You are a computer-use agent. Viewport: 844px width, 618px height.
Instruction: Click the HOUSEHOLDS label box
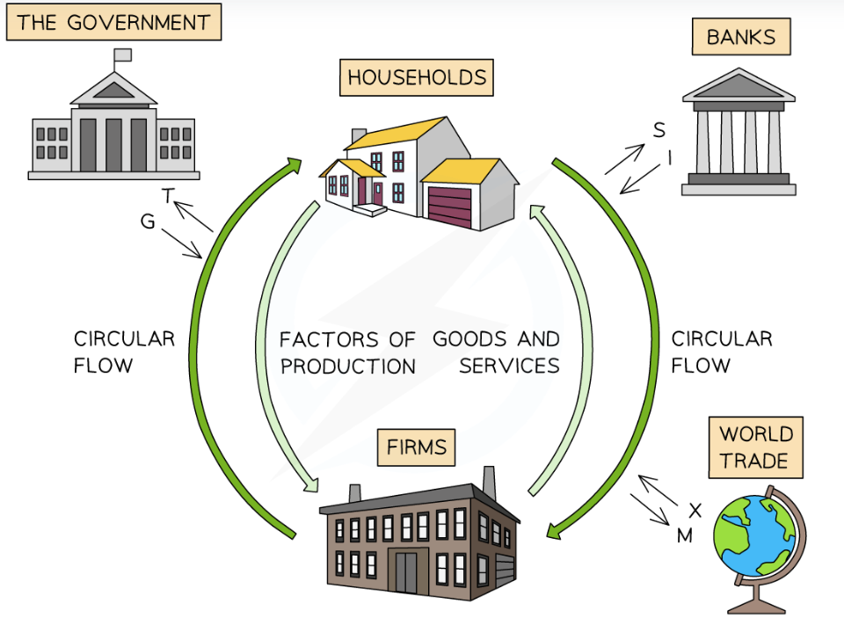[x=416, y=77]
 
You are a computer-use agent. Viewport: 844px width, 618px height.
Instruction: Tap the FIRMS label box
[x=417, y=447]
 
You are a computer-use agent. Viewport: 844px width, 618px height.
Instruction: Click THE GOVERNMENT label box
[x=113, y=22]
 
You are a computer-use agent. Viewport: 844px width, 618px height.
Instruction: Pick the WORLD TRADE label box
[x=755, y=447]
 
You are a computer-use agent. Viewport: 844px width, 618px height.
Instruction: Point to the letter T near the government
[x=167, y=195]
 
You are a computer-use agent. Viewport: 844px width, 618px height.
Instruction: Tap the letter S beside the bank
[x=658, y=131]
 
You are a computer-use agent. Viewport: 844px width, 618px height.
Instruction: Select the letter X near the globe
[x=695, y=511]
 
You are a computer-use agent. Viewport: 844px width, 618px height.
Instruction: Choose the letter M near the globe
[x=684, y=534]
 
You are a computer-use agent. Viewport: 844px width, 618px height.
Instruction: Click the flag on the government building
[x=122, y=55]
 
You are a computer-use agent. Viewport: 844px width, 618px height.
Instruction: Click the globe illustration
[x=755, y=536]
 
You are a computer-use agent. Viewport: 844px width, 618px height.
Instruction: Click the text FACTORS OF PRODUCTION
[x=348, y=353]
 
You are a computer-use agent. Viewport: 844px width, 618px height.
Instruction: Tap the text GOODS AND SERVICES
[x=496, y=352]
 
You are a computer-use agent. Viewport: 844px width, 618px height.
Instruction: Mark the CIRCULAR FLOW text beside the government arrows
[x=124, y=352]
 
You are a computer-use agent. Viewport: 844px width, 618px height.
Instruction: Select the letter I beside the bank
[x=670, y=157]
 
